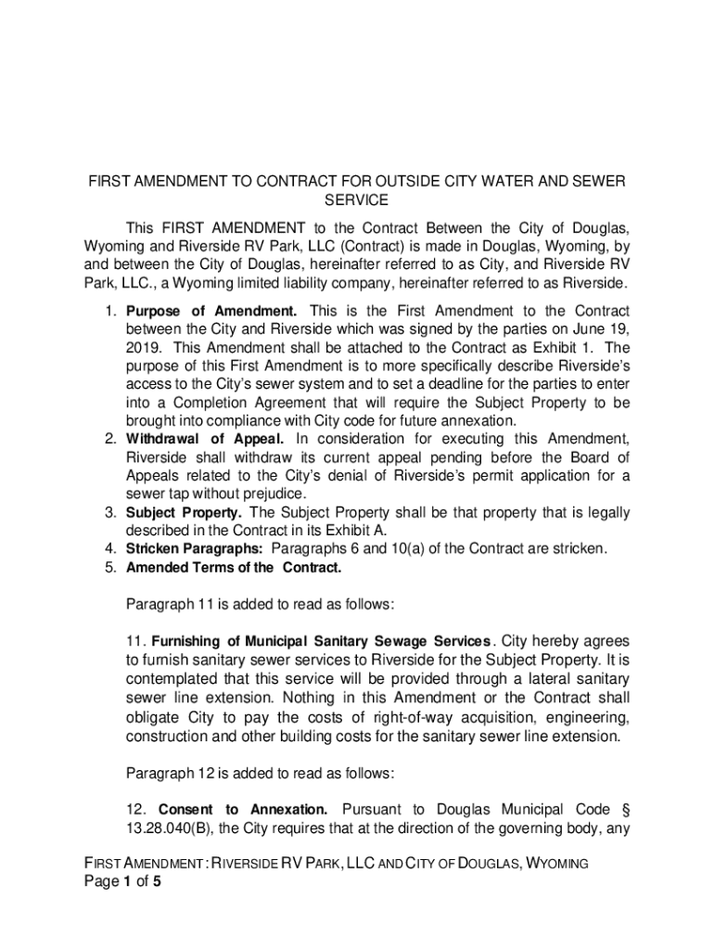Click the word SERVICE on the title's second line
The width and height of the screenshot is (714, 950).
tap(357, 199)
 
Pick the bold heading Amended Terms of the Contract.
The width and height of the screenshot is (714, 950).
tap(234, 567)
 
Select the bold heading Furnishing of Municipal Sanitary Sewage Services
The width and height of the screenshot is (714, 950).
tap(320, 641)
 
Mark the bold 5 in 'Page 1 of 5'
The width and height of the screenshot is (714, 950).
tap(159, 881)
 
